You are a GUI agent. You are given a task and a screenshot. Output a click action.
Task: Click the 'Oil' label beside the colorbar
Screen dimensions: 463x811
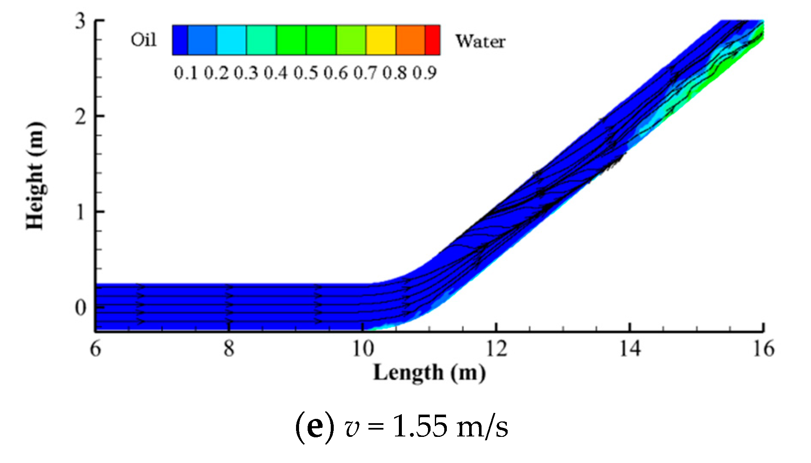click(144, 40)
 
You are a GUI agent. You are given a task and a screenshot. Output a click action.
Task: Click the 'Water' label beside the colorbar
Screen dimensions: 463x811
click(480, 42)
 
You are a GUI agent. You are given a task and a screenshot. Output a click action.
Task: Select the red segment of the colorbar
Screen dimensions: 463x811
click(432, 40)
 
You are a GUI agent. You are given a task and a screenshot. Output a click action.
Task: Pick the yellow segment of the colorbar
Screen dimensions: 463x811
click(380, 40)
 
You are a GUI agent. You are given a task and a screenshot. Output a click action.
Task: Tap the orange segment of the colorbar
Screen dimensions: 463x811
click(410, 40)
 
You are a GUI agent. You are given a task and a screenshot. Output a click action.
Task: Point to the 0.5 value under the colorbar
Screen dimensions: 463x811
click(305, 73)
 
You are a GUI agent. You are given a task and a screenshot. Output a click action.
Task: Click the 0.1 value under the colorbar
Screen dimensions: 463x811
click(186, 73)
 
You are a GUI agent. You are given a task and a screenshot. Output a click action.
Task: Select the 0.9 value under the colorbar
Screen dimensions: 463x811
click(425, 73)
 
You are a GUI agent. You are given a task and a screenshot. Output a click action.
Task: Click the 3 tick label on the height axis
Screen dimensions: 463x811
click(81, 21)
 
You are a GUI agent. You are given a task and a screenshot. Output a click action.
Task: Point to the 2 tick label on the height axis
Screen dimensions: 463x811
click(81, 116)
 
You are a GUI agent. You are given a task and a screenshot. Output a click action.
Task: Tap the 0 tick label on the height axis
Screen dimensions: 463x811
click(81, 308)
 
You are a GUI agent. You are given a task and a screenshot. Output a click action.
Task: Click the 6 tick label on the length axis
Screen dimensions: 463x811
click(96, 349)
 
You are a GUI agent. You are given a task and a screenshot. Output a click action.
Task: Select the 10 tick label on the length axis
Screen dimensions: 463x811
click(363, 349)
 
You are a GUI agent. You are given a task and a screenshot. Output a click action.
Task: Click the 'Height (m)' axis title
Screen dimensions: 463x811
click(35, 176)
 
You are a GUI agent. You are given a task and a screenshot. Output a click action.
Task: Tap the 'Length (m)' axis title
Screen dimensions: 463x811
click(429, 373)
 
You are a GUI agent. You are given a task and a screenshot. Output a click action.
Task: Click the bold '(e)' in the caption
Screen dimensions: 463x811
click(315, 427)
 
